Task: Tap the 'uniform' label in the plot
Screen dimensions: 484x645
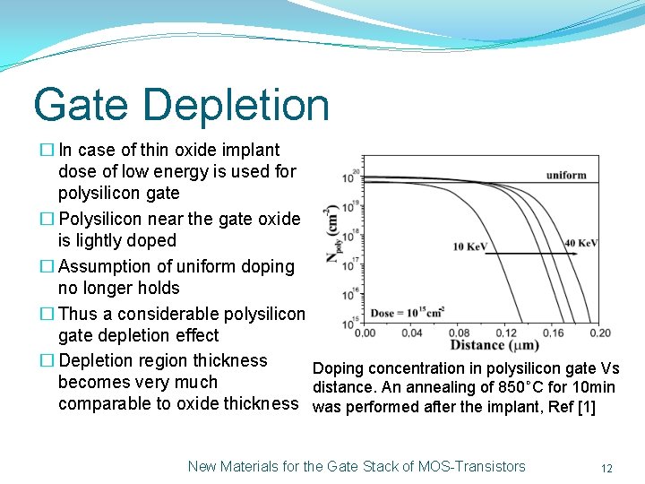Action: [x=565, y=175]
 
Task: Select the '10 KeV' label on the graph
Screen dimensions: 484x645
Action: [x=470, y=246]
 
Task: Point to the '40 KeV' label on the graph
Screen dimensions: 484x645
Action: [x=581, y=244]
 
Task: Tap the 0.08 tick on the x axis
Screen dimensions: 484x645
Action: [x=460, y=333]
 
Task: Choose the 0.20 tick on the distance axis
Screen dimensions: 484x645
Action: [x=599, y=333]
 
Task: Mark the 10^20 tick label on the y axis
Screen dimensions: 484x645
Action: [x=355, y=177]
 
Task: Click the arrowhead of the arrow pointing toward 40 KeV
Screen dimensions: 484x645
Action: [x=572, y=255]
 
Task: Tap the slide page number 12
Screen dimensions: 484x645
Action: [x=606, y=468]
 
